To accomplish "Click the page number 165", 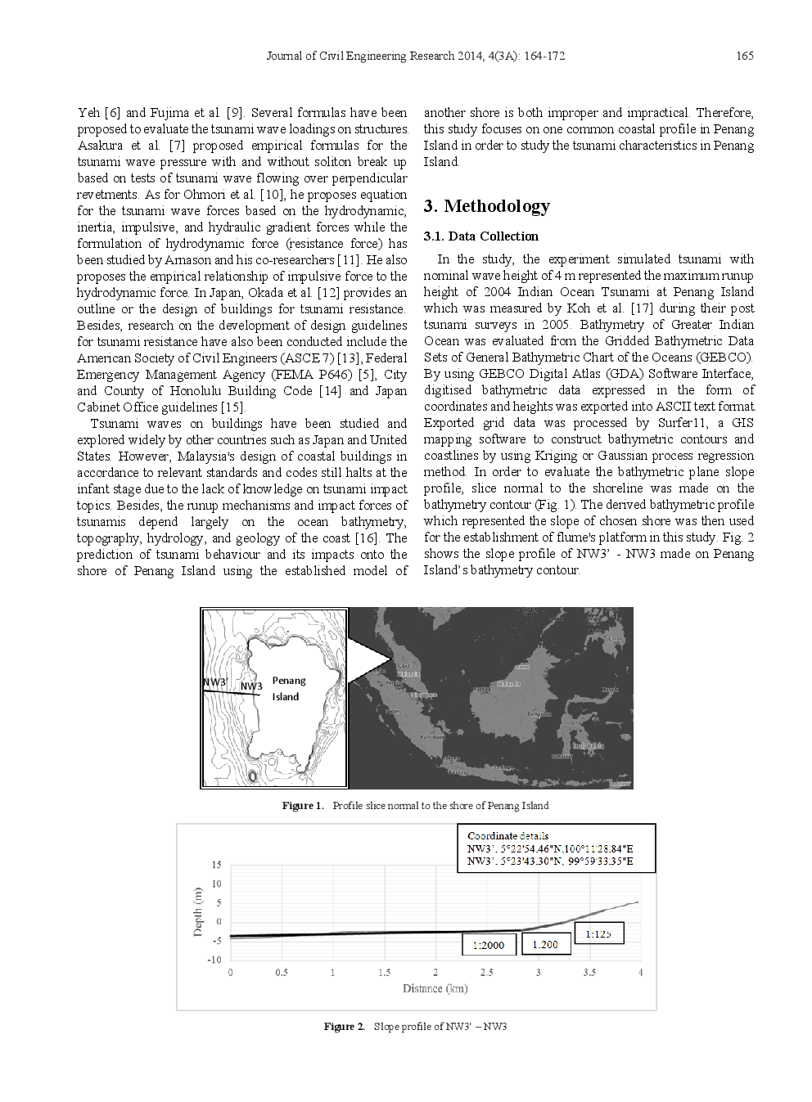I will pos(744,56).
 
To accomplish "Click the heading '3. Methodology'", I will pos(486,206).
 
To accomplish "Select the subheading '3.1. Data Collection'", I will pos(480,236).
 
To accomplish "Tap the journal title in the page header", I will pos(415,56).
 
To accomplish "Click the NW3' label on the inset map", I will pos(214,682).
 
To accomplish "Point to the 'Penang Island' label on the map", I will pos(287,689).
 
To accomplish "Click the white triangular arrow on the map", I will pos(368,659).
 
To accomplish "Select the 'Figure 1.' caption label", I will pos(302,806).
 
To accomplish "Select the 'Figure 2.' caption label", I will pos(344,1027).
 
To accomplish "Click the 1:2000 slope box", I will pos(489,945).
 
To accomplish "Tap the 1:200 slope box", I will pos(545,944).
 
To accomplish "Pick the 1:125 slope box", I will pos(598,933).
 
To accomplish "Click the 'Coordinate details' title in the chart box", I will pos(508,836).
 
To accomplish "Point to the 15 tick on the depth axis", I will pos(216,865).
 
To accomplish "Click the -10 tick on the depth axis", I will pos(214,960).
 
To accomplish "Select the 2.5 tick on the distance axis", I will pos(486,973).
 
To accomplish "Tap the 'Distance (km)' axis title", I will pos(435,989).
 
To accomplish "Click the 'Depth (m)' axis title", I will pos(197,911).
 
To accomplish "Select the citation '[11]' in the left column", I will pos(349,260).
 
